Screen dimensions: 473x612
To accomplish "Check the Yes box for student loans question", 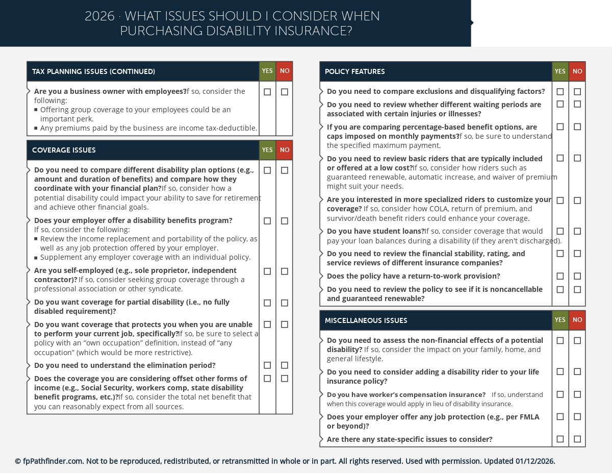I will (560, 231).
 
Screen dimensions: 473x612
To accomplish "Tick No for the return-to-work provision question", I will (577, 276).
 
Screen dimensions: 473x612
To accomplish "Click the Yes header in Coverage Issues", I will (267, 150).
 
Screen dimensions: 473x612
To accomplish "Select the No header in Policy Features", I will (577, 71).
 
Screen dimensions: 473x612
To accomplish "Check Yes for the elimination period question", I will (267, 365).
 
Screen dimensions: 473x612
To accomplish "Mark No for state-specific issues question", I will (577, 439).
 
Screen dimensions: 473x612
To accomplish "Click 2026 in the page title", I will (99, 16).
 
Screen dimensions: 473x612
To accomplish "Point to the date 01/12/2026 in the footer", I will (534, 461).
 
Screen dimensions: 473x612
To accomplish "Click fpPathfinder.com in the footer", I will (53, 461).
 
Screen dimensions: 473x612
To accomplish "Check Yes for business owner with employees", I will (267, 92).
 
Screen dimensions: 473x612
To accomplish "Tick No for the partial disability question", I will (285, 303).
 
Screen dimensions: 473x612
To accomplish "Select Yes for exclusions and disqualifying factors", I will (560, 92).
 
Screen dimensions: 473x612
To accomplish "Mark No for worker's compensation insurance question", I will (577, 394).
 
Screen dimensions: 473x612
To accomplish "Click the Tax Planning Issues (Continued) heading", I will (93, 71).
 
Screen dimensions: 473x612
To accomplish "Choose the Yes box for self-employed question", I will (267, 271).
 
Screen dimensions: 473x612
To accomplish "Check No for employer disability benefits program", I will (285, 221).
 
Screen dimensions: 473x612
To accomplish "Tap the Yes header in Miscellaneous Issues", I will (560, 320).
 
